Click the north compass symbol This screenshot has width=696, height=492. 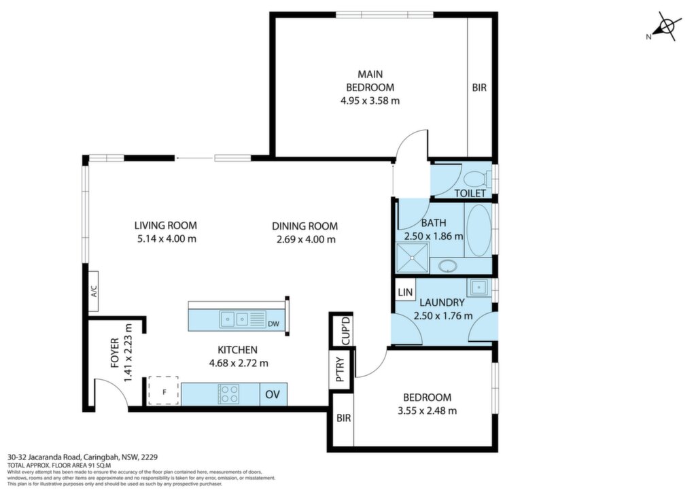(x=665, y=27)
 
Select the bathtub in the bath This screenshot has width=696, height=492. (x=479, y=230)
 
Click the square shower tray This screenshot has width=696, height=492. (x=413, y=258)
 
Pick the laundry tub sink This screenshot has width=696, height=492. (x=478, y=287)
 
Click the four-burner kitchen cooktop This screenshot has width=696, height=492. (x=228, y=394)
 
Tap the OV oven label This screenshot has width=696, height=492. (x=273, y=394)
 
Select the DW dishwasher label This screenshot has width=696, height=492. (x=273, y=324)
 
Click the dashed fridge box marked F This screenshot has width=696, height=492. (x=164, y=390)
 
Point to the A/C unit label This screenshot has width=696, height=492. (x=94, y=291)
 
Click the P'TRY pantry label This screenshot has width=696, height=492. (x=341, y=370)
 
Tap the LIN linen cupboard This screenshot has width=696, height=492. (x=405, y=292)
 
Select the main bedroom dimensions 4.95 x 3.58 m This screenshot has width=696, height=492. (x=370, y=101)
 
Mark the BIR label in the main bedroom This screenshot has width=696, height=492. (x=479, y=88)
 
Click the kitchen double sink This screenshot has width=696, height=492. (x=234, y=319)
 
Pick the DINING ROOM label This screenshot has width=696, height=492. (x=305, y=226)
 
